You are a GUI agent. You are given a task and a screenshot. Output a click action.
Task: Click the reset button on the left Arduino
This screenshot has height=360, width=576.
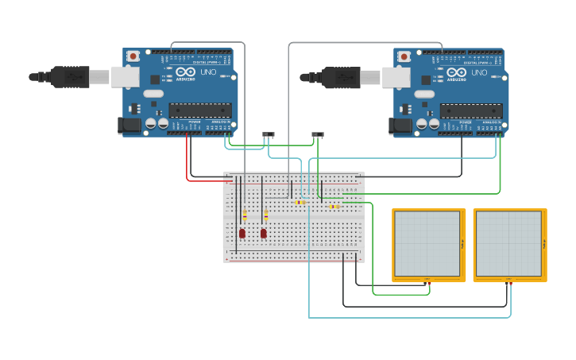pyautogui.click(x=133, y=56)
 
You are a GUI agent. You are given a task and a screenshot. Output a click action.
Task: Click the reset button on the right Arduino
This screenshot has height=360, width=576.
pyautogui.click(x=404, y=56)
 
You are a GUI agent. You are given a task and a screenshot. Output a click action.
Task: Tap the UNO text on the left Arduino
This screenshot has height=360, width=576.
pyautogui.click(x=207, y=72)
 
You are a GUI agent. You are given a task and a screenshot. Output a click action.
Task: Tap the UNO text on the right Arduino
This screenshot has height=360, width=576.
pyautogui.click(x=478, y=72)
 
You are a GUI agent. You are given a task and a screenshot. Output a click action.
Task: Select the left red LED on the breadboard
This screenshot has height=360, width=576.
pyautogui.click(x=242, y=233)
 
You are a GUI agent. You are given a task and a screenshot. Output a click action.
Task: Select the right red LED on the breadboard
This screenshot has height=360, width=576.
pyautogui.click(x=264, y=233)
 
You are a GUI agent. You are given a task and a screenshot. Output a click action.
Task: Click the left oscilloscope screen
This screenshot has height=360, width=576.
pyautogui.click(x=427, y=244)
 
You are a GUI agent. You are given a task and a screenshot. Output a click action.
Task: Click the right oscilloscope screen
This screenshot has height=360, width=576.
pyautogui.click(x=508, y=244)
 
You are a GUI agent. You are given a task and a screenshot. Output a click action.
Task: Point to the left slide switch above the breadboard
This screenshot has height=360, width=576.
pyautogui.click(x=269, y=134)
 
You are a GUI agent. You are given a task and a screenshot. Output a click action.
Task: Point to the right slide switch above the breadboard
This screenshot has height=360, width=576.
pyautogui.click(x=318, y=134)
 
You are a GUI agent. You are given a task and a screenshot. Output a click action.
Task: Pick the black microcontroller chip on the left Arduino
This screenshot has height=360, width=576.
pyautogui.click(x=200, y=110)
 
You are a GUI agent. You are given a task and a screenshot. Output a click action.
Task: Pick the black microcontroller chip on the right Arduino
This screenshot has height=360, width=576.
pyautogui.click(x=471, y=110)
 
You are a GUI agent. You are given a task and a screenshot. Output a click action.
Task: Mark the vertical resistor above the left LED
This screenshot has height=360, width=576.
pyautogui.click(x=245, y=215)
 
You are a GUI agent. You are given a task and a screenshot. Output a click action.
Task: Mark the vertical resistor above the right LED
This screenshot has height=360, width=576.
pyautogui.click(x=266, y=215)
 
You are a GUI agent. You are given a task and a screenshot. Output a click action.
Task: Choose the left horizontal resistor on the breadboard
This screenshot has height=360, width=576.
pyautogui.click(x=300, y=202)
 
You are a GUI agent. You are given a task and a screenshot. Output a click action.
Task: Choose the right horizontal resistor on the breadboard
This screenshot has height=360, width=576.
pyautogui.click(x=334, y=207)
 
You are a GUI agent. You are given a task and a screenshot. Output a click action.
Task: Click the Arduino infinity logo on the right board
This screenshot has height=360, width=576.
pyautogui.click(x=457, y=72)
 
